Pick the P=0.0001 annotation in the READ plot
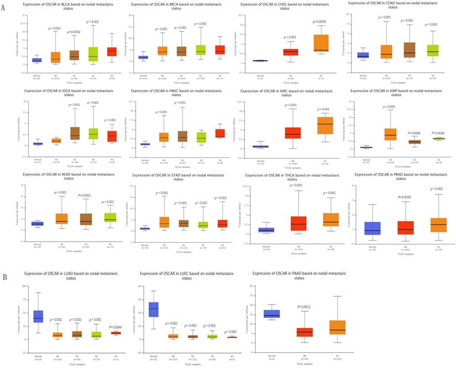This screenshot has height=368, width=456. point(84,195)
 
